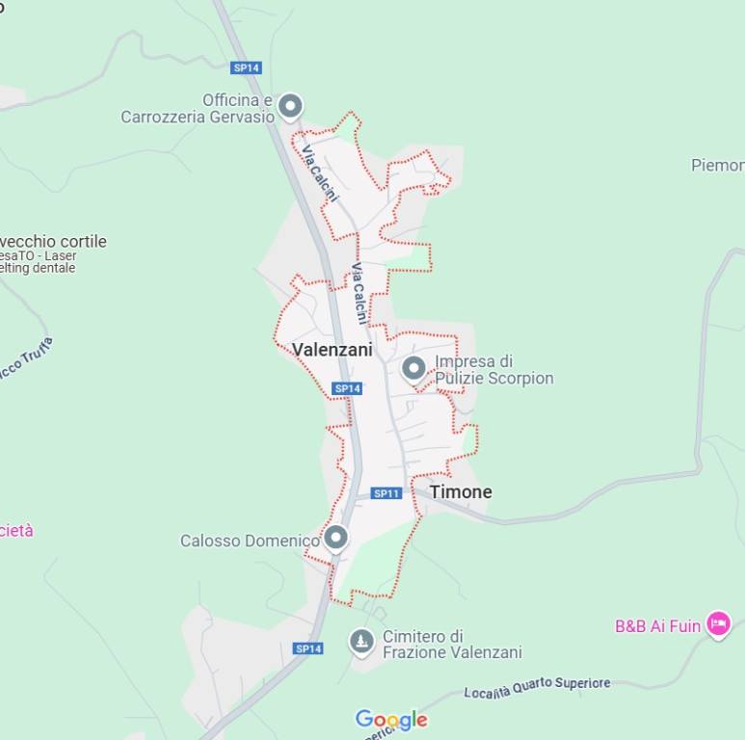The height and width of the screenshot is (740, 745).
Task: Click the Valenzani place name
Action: point(332,350)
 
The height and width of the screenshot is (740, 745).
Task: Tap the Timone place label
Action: point(461,491)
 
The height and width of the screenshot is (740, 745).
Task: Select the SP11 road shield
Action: point(386,493)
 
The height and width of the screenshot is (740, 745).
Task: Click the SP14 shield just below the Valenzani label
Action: point(347,388)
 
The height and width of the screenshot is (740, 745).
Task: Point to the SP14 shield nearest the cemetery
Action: point(308,648)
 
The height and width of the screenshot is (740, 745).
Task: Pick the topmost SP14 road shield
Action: point(247,67)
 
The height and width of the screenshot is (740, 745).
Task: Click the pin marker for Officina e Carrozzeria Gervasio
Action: point(290,105)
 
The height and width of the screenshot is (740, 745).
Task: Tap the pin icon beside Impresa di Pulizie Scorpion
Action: point(413,368)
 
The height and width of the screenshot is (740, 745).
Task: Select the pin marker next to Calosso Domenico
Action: point(335,537)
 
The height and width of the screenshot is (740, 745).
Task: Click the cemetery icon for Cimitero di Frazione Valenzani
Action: point(361,642)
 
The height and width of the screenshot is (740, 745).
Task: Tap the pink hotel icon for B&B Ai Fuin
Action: point(718,624)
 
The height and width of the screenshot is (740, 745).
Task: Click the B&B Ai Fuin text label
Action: point(657,626)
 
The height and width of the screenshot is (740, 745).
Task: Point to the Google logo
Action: point(391,720)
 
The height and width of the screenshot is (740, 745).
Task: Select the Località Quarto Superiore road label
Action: point(537,687)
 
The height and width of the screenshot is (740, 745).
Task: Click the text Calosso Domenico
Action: point(250,541)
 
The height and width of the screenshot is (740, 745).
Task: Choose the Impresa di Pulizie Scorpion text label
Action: point(493,370)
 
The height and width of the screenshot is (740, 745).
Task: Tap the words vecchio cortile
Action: point(54,241)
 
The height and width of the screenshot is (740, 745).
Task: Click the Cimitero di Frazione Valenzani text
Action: point(452,645)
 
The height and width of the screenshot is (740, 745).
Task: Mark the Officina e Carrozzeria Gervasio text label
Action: point(197,108)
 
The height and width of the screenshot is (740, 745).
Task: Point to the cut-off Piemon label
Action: point(717,166)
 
